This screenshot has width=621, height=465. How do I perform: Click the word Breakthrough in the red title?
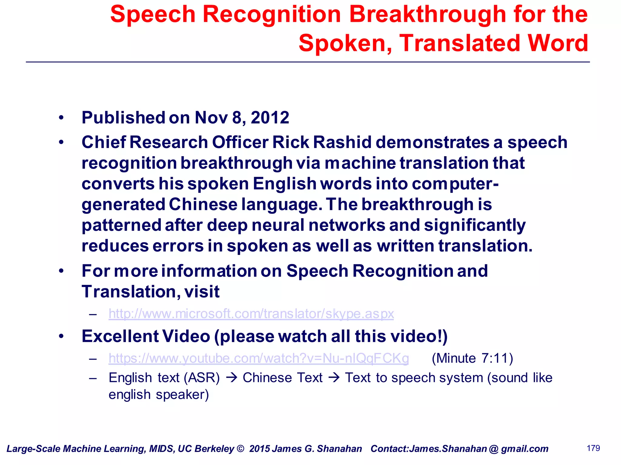point(428,14)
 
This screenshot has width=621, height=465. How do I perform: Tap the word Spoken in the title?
point(344,43)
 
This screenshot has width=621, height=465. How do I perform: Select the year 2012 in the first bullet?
point(270,117)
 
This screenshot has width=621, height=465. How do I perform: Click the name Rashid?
point(342,142)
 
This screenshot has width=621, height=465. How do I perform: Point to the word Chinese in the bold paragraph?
point(203,204)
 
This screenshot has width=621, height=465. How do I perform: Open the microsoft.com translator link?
point(251,314)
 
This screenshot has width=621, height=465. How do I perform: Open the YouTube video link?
point(259,358)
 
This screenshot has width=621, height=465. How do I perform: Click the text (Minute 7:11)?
point(472,358)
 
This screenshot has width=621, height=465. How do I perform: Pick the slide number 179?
point(593,448)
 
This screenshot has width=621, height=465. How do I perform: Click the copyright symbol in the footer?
point(240,449)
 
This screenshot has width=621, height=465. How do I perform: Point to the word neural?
point(278,225)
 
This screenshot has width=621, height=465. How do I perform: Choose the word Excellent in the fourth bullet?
point(120,336)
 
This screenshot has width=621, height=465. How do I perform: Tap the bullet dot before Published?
point(62,117)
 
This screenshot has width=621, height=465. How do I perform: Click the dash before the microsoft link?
point(93,315)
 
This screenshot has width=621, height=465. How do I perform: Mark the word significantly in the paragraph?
point(475,225)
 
